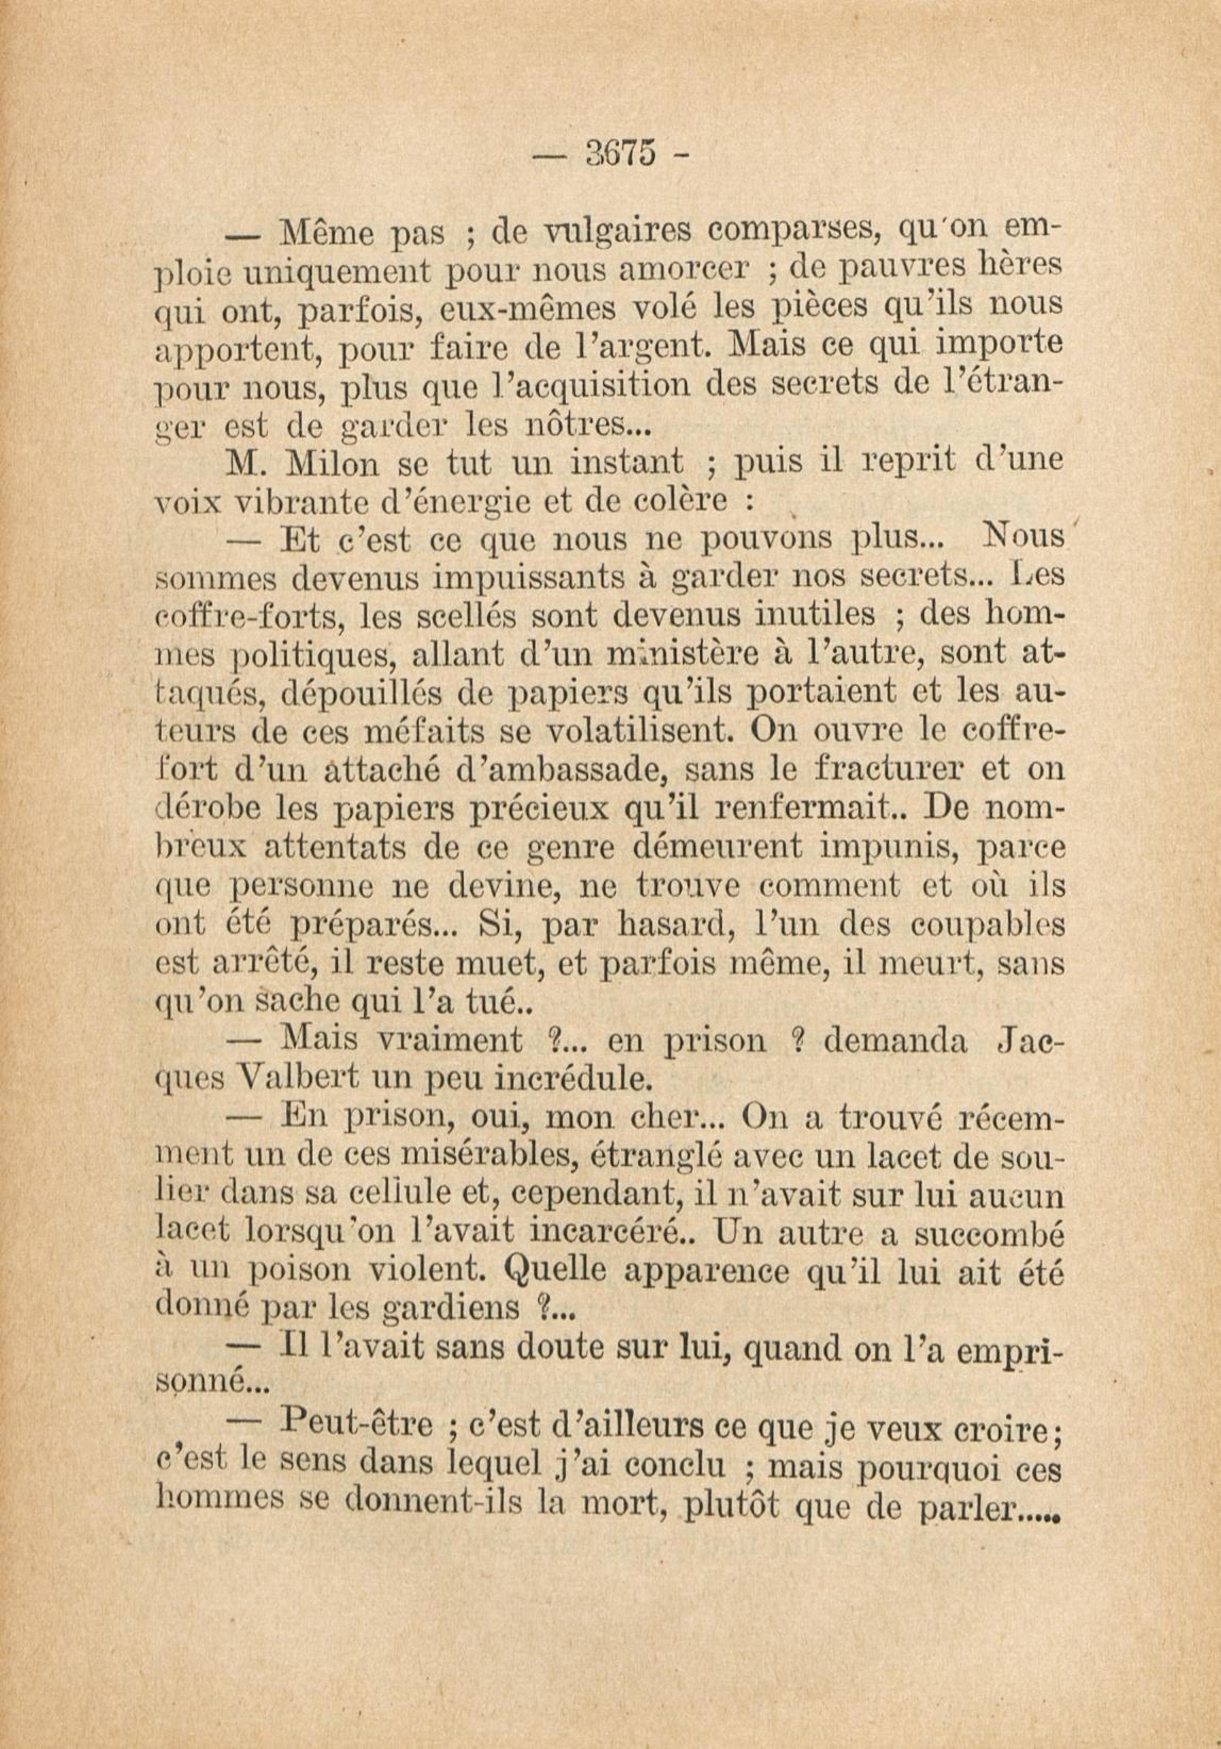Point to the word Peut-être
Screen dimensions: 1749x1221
[x=357, y=1423]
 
